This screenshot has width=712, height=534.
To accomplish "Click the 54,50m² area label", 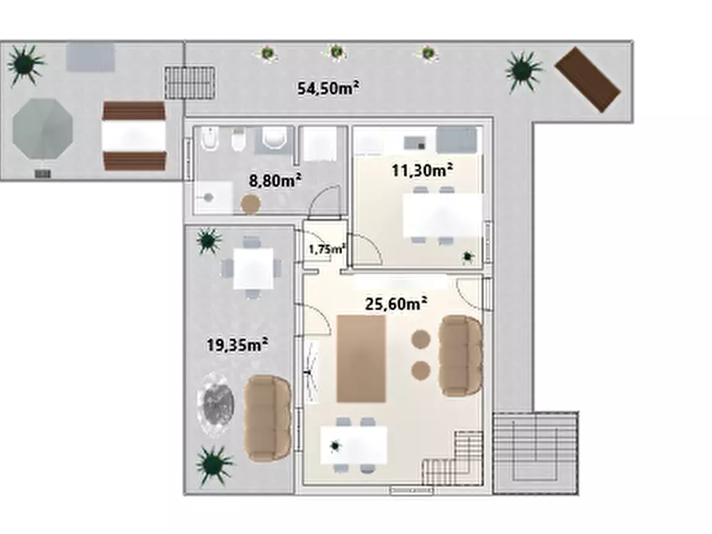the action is coord(328,88).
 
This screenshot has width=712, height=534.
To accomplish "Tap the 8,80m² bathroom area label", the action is coord(275,181).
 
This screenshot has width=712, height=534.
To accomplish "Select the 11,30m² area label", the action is coord(422,171).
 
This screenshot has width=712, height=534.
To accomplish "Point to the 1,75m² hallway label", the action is coord(327,249).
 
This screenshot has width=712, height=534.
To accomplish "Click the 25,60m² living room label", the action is coord(396,304).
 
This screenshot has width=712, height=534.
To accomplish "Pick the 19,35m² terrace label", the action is coord(237,344).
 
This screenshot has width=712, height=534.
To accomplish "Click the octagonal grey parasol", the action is coord(43,128).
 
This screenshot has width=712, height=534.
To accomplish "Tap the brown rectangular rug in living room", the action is coord(361,359).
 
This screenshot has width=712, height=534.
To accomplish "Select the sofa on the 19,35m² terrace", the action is coord(267,418).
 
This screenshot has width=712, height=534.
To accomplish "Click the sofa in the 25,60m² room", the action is coord(460,355).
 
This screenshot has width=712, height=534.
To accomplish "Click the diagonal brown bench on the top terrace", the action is coord(588,80).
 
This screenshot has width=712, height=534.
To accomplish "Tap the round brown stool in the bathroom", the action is coord(250,204).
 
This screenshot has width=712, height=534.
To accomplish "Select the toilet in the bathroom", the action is coord(275,138).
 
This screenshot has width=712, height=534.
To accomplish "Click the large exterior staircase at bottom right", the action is coord(536,453).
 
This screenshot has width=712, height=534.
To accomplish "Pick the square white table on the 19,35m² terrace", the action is coord(254,269).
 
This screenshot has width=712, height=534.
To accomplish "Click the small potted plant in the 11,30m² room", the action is coord(468,257).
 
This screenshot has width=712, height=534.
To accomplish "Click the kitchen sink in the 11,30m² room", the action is coord(415,143).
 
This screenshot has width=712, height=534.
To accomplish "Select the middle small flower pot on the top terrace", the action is coord(336,53).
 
